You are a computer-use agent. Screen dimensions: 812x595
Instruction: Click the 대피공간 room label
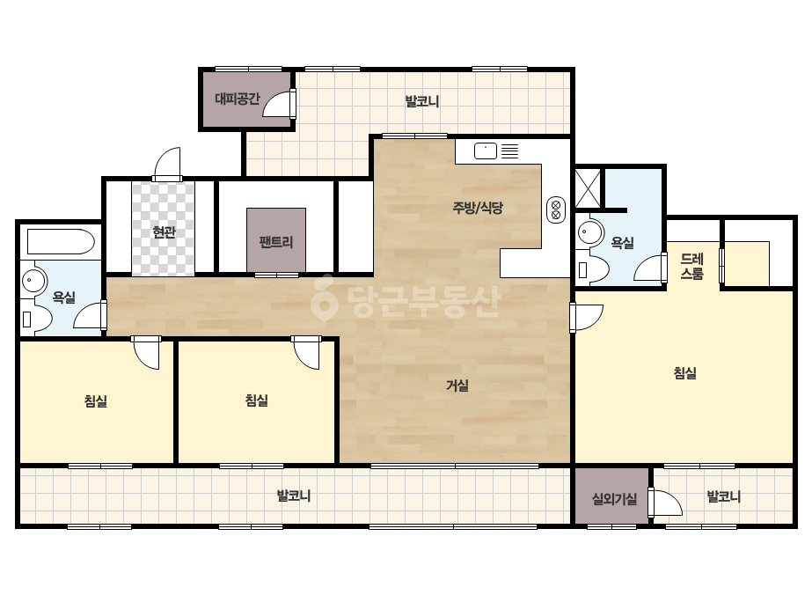(x=238, y=99)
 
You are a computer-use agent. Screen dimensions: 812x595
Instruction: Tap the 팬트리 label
(x=276, y=242)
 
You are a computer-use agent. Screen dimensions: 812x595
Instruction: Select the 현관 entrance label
(x=164, y=232)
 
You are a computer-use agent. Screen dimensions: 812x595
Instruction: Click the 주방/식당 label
(x=478, y=208)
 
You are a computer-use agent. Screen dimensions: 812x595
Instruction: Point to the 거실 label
(x=457, y=386)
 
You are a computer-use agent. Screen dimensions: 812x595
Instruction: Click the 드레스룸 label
(x=691, y=267)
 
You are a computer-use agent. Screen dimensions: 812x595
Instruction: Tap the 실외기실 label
(x=614, y=499)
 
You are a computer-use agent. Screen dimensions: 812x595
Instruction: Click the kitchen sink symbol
(x=486, y=151)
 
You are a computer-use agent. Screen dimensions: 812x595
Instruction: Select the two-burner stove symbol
(x=556, y=210)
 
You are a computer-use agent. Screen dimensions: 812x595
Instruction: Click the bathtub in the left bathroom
(x=61, y=241)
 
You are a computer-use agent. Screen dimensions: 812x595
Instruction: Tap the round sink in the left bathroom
(x=33, y=282)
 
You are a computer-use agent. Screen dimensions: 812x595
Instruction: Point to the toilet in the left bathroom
(x=35, y=319)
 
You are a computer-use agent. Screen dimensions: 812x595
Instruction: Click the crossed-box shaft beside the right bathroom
(x=589, y=187)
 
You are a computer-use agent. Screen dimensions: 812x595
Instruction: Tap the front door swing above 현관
(x=167, y=163)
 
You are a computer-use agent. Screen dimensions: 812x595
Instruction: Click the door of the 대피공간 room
(x=280, y=104)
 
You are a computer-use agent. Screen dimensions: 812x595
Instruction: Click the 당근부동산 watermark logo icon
(x=324, y=297)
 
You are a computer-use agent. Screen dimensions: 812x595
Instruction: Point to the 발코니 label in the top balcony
(x=422, y=101)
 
